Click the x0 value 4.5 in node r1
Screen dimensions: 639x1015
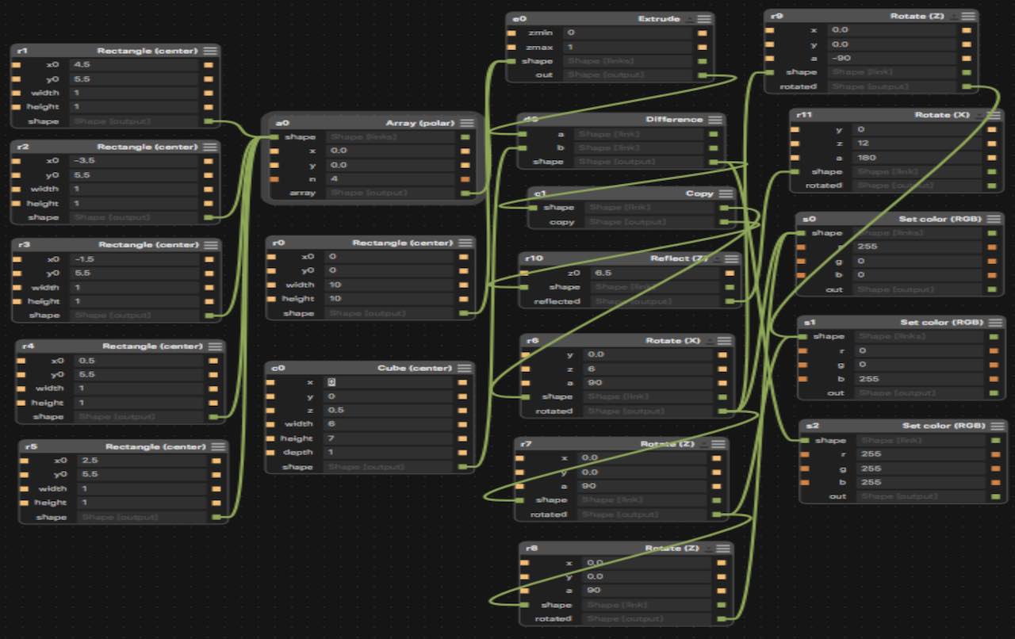coord(81,64)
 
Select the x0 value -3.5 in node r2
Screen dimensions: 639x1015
coord(85,160)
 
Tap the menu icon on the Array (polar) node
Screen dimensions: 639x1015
coord(467,123)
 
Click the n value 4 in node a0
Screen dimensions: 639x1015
coord(334,178)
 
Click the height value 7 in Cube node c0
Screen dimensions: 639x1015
coord(331,438)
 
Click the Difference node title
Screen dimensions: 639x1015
coord(674,120)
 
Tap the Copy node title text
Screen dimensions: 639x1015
coord(699,193)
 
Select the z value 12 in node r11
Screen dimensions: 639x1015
coord(864,143)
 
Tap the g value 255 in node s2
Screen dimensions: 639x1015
coord(871,468)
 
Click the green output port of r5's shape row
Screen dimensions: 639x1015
coord(216,517)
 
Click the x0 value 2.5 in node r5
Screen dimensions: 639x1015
coord(90,460)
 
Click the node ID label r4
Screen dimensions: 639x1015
coord(29,346)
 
